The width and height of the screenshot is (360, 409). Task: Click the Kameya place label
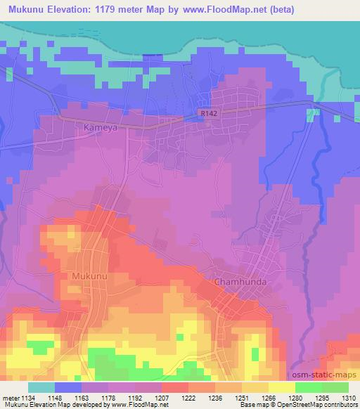point(98,129)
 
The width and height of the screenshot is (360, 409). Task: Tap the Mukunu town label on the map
point(89,277)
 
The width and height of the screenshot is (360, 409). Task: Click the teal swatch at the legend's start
point(41,387)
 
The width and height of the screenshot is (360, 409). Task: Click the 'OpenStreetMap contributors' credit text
point(321,405)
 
